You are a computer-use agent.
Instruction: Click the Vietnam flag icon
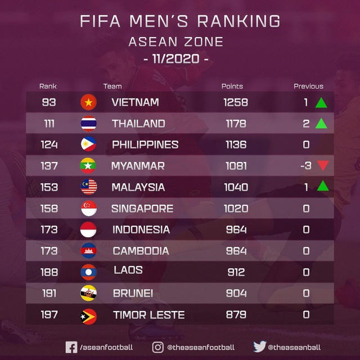tap(88, 102)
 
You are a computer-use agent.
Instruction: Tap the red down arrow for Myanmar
tap(321, 166)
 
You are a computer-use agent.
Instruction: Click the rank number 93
tap(49, 102)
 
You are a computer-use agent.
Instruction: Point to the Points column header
tap(232, 87)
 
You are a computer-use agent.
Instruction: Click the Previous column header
tap(308, 87)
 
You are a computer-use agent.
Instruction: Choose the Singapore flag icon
tap(88, 208)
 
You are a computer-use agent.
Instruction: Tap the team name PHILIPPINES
tap(145, 145)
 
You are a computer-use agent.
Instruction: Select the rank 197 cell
tap(49, 315)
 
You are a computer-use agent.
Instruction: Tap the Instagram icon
tap(159, 348)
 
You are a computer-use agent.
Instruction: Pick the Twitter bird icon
tap(258, 348)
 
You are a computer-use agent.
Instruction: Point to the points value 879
tap(236, 315)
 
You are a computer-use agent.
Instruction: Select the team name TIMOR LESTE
tap(148, 315)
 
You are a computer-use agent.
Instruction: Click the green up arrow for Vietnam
tap(321, 102)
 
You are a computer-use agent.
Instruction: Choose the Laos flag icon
tap(88, 272)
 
